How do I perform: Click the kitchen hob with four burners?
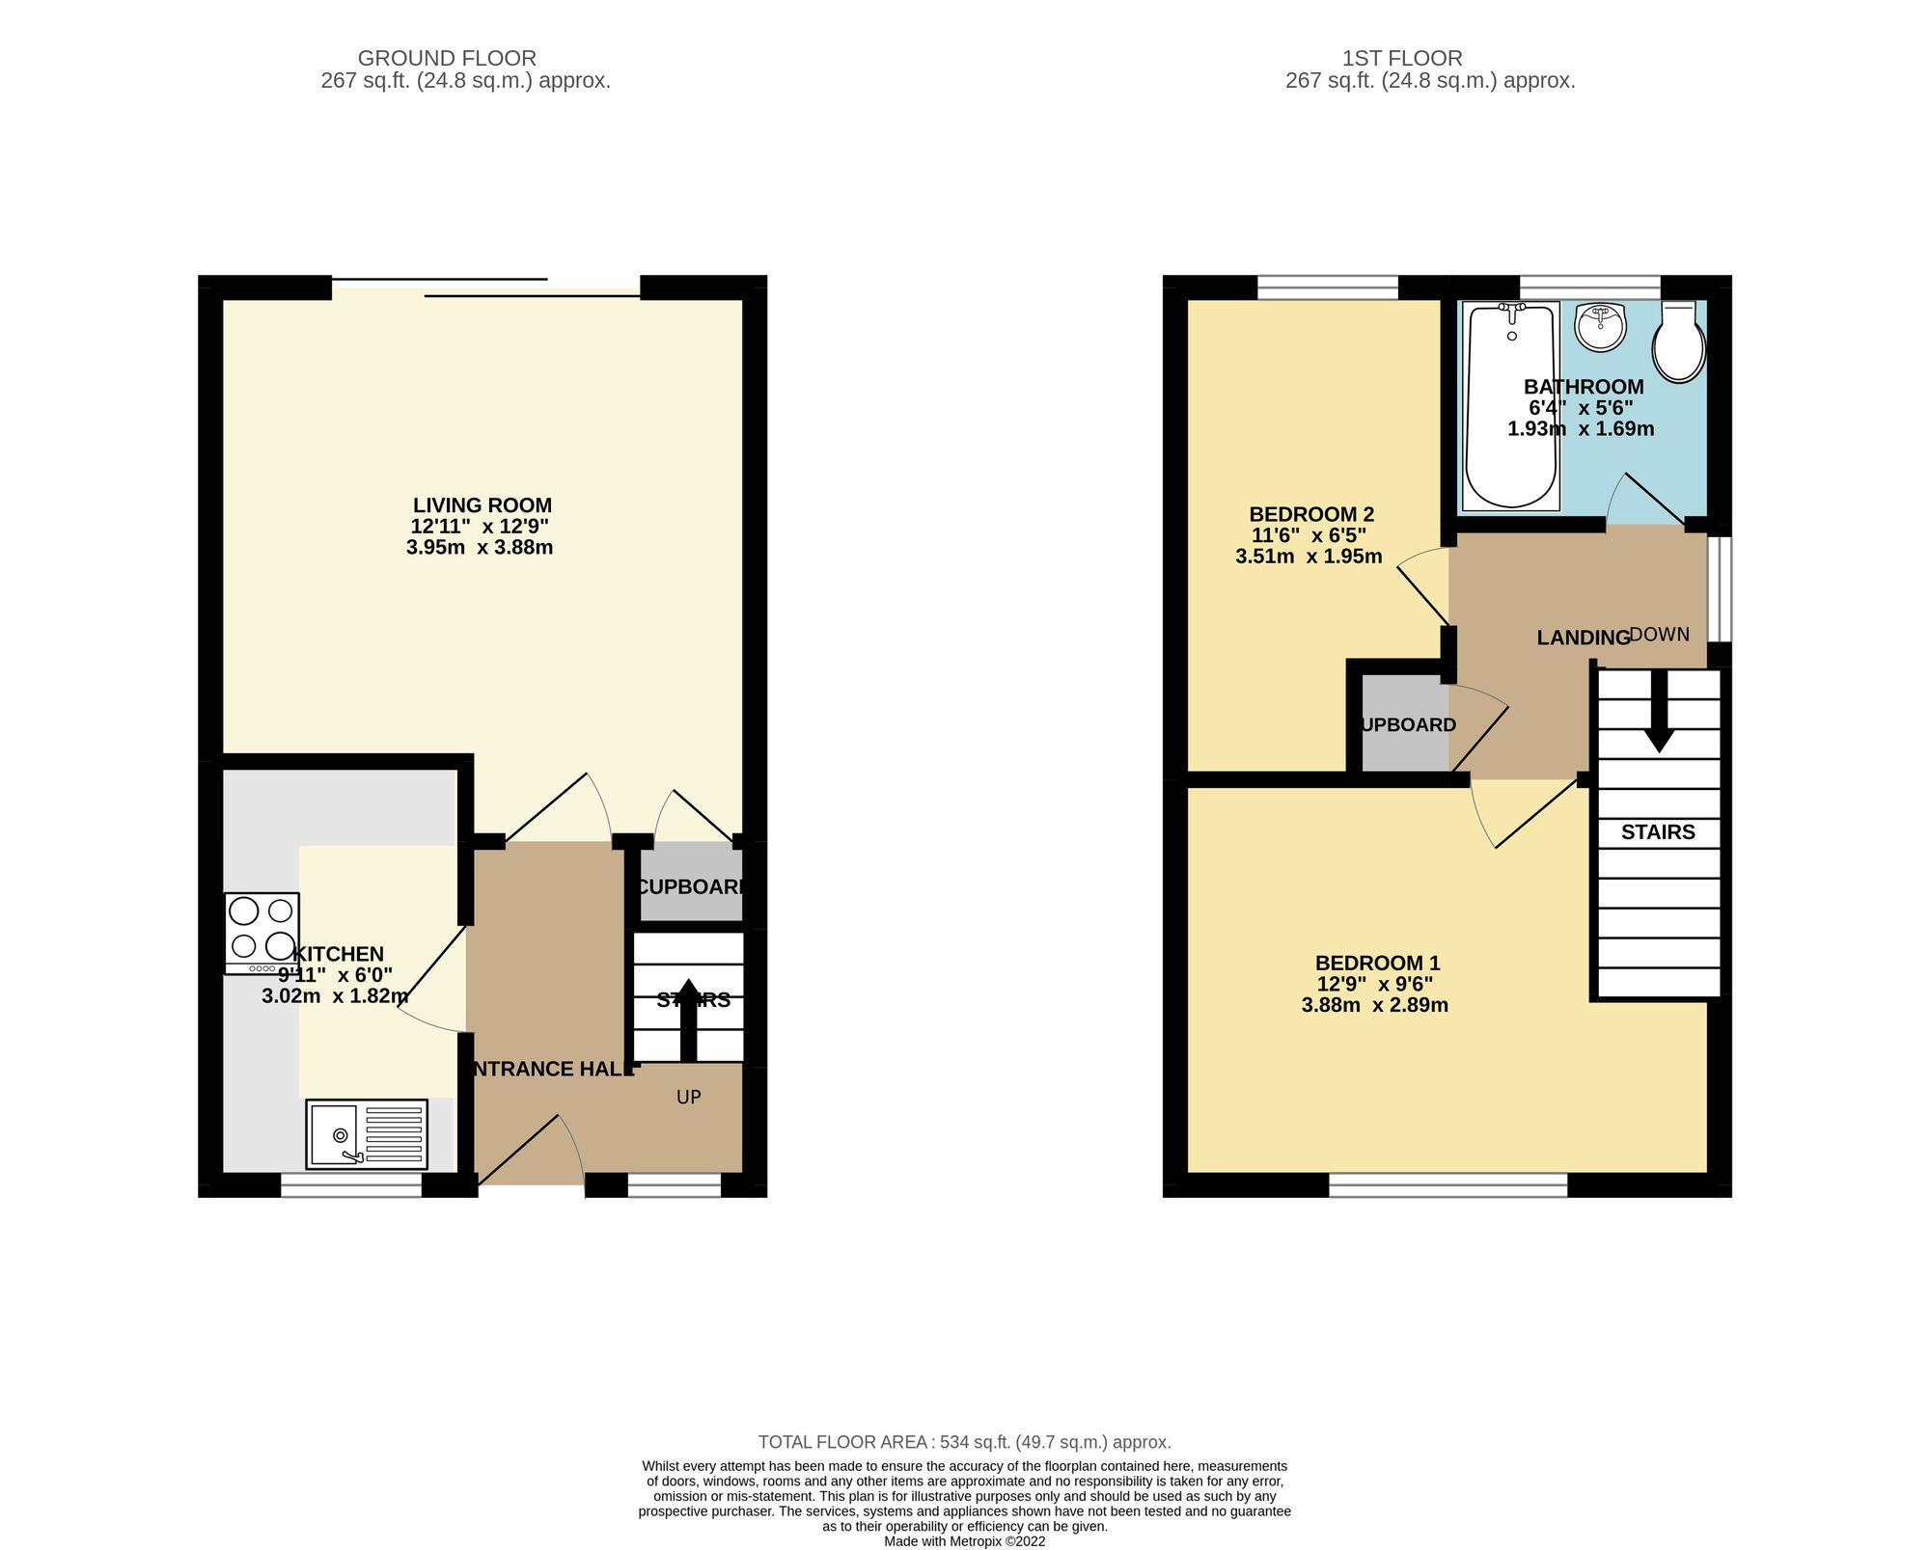262,932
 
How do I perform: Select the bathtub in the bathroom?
1511,405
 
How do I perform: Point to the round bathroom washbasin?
1601,328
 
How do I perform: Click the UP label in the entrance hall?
688,1097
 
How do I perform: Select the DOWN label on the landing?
1660,635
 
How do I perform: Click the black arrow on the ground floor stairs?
688,1019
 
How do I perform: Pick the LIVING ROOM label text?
482,505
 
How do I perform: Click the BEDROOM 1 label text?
1377,963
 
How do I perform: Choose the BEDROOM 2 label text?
1311,514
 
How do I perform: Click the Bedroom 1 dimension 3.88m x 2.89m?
1374,1005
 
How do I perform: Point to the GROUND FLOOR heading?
447,59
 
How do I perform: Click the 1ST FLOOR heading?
1402,59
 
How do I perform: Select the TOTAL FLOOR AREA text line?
964,1442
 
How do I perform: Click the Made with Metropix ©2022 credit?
964,1541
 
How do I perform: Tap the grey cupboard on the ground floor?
691,885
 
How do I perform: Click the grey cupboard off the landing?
1404,723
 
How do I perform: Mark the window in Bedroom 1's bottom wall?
1447,1184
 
